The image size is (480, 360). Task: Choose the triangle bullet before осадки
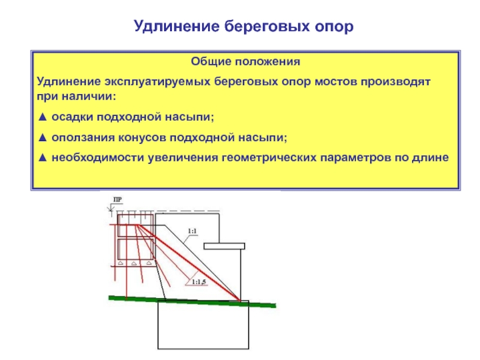(42, 116)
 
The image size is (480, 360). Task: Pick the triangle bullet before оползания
(42, 137)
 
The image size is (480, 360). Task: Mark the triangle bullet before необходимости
(42, 158)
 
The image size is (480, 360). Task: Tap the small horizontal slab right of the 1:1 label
(223, 246)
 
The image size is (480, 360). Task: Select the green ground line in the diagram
(192, 301)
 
